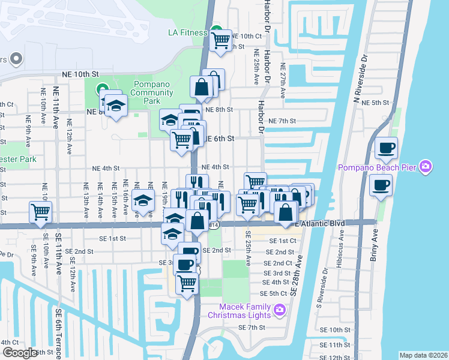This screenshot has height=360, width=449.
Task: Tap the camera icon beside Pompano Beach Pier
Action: (x=426, y=166)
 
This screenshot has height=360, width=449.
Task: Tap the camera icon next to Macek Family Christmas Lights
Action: (x=279, y=310)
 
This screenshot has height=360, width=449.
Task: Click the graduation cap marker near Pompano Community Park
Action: (x=116, y=106)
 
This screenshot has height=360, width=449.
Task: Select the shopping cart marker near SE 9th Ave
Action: (x=40, y=211)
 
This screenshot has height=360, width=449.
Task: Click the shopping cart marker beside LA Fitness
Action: (x=221, y=41)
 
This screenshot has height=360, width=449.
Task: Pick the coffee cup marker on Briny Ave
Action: (x=381, y=185)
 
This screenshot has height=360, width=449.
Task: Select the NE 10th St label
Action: (x=80, y=74)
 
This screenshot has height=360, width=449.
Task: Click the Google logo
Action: (x=20, y=353)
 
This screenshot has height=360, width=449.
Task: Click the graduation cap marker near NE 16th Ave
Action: (x=143, y=200)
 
